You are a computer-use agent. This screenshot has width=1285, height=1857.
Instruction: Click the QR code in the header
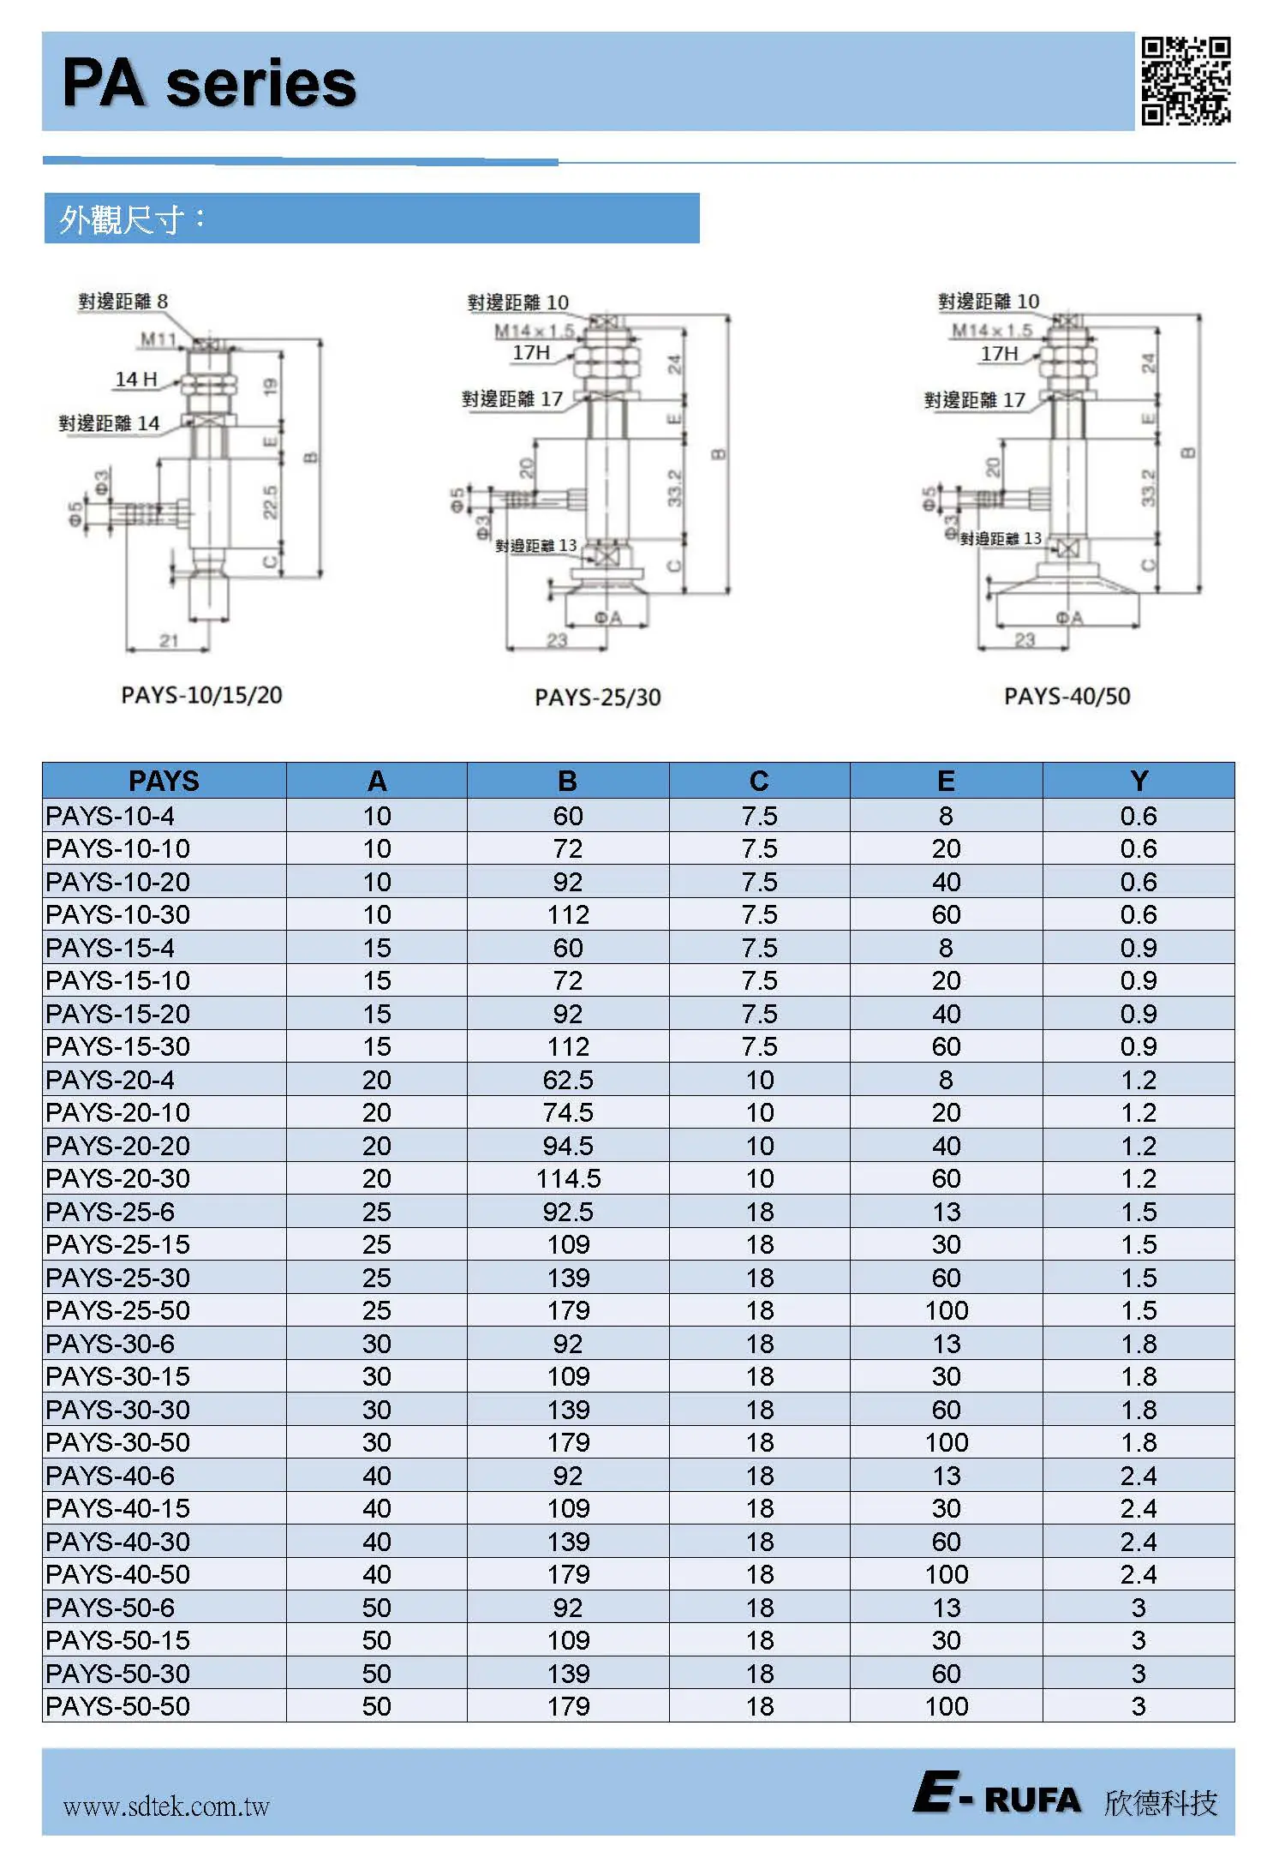click(1186, 81)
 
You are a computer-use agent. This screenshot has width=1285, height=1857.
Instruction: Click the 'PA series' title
click(210, 83)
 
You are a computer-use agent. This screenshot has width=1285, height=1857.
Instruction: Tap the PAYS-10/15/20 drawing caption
click(201, 695)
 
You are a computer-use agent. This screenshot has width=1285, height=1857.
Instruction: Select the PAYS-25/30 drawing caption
click(598, 698)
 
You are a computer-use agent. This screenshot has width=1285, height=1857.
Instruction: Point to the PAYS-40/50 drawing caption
click(1067, 696)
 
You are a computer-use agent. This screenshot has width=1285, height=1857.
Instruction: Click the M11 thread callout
click(158, 339)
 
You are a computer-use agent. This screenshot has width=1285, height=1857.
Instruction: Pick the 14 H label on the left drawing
click(136, 379)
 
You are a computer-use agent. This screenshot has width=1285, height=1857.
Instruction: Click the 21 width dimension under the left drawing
click(169, 640)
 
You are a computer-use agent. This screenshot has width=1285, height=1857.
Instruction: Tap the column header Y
click(1139, 781)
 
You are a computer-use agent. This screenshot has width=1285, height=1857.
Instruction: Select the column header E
click(946, 781)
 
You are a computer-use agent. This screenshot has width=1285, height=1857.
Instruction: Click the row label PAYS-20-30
click(118, 1178)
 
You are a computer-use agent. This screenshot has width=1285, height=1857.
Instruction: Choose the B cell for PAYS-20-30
click(568, 1178)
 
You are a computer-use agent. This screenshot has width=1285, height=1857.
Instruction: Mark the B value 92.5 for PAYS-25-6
click(568, 1212)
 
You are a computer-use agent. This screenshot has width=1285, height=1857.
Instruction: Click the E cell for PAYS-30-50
click(946, 1442)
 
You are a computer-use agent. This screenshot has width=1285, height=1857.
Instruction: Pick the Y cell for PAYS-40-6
click(1139, 1476)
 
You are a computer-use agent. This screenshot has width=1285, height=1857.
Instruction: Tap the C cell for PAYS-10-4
click(759, 816)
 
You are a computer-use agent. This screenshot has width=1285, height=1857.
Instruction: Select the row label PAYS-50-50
click(118, 1706)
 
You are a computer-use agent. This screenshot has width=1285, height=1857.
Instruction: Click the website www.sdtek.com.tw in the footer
click(166, 1806)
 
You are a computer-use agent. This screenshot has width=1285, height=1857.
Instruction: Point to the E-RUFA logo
click(996, 1796)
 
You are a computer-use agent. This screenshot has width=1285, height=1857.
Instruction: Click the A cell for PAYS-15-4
click(377, 948)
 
